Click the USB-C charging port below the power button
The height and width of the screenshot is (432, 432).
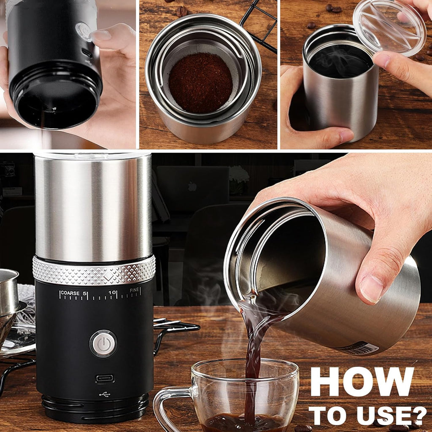105,378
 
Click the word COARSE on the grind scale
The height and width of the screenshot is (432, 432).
70,293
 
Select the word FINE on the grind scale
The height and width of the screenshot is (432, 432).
135,291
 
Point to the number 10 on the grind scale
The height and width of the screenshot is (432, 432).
112,292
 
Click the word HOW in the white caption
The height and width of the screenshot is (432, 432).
362,382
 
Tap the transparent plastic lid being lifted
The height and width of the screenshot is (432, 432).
389,26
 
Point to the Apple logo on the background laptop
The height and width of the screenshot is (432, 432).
192,186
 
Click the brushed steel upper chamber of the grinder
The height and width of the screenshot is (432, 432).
93,207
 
